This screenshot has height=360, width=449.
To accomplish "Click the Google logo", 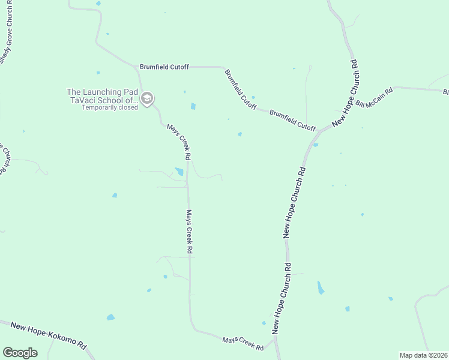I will (20, 353).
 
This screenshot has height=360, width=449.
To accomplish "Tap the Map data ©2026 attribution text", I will (423, 355).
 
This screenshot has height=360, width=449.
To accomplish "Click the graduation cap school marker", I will (146, 98).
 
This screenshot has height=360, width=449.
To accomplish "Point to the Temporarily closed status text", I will (110, 108).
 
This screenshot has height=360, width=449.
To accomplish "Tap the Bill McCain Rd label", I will (373, 97).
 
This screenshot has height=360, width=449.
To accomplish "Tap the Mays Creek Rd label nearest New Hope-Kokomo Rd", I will (243, 344).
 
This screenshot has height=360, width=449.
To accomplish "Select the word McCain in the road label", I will (377, 95).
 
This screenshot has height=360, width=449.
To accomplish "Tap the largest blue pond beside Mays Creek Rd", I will (179, 172).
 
